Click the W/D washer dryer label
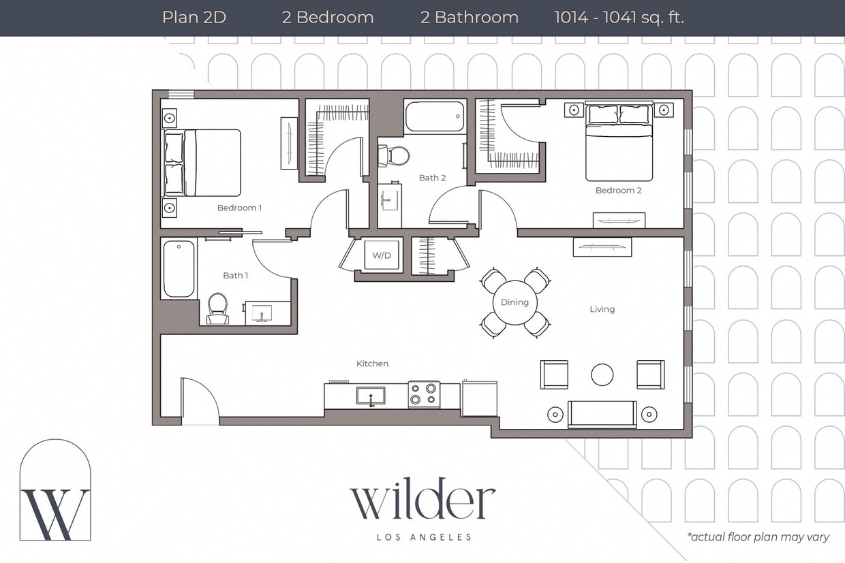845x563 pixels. tap(382, 255)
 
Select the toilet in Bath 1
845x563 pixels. tap(217, 307)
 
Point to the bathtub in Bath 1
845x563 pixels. tap(179, 268)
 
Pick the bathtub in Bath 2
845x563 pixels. tap(435, 116)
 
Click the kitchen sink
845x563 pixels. tap(371, 396)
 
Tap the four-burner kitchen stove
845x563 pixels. tap(423, 395)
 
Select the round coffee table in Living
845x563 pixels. tap(602, 374)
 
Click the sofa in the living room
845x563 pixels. tap(602, 413)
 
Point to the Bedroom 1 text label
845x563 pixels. tap(239, 208)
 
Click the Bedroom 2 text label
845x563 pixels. tap(618, 191)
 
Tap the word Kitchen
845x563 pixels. tap(372, 364)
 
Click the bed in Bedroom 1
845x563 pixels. tap(202, 163)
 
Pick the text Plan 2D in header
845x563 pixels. tap(194, 18)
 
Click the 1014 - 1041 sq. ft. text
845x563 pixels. tap(619, 18)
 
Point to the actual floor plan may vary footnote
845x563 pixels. tap(758, 537)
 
